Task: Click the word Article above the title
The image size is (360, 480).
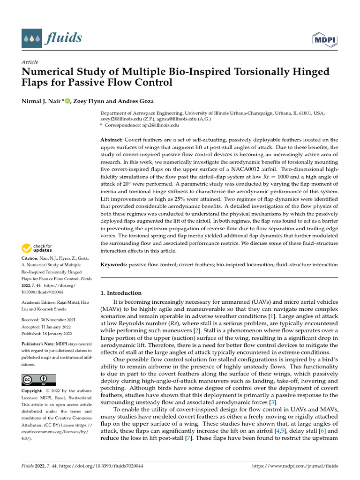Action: coord(30,62)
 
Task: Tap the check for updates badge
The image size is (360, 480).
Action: coord(36,248)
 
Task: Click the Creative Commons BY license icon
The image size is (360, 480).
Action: coord(38,379)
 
